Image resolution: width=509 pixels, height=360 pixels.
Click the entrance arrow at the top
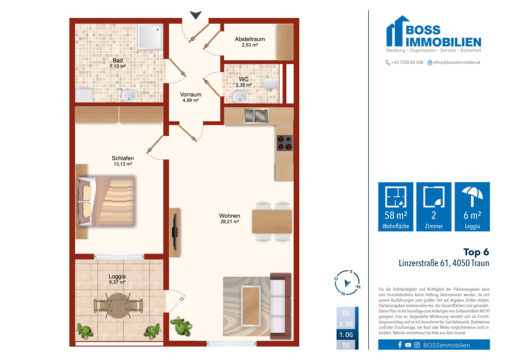click(196, 15)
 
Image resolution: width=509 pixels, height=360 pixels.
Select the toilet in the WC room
click(270, 84)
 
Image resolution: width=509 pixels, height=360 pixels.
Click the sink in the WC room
click(240, 97)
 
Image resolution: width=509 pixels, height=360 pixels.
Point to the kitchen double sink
click(256, 116)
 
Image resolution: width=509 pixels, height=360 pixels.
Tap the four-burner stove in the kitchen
click(285, 143)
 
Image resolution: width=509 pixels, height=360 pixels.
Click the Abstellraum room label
click(250, 39)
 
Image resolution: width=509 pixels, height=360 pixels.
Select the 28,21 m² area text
click(229, 221)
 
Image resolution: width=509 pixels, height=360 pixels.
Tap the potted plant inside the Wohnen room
click(181, 326)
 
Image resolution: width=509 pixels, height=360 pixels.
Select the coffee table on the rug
click(251, 305)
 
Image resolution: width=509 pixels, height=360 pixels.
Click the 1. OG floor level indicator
click(346, 334)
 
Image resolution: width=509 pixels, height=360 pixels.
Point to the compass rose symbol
click(347, 283)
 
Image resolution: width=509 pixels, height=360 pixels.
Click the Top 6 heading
click(476, 252)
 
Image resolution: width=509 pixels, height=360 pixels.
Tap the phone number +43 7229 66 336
click(407, 62)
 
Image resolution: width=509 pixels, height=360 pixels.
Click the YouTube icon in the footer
click(408, 345)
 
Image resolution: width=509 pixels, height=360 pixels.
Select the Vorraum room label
click(191, 95)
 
